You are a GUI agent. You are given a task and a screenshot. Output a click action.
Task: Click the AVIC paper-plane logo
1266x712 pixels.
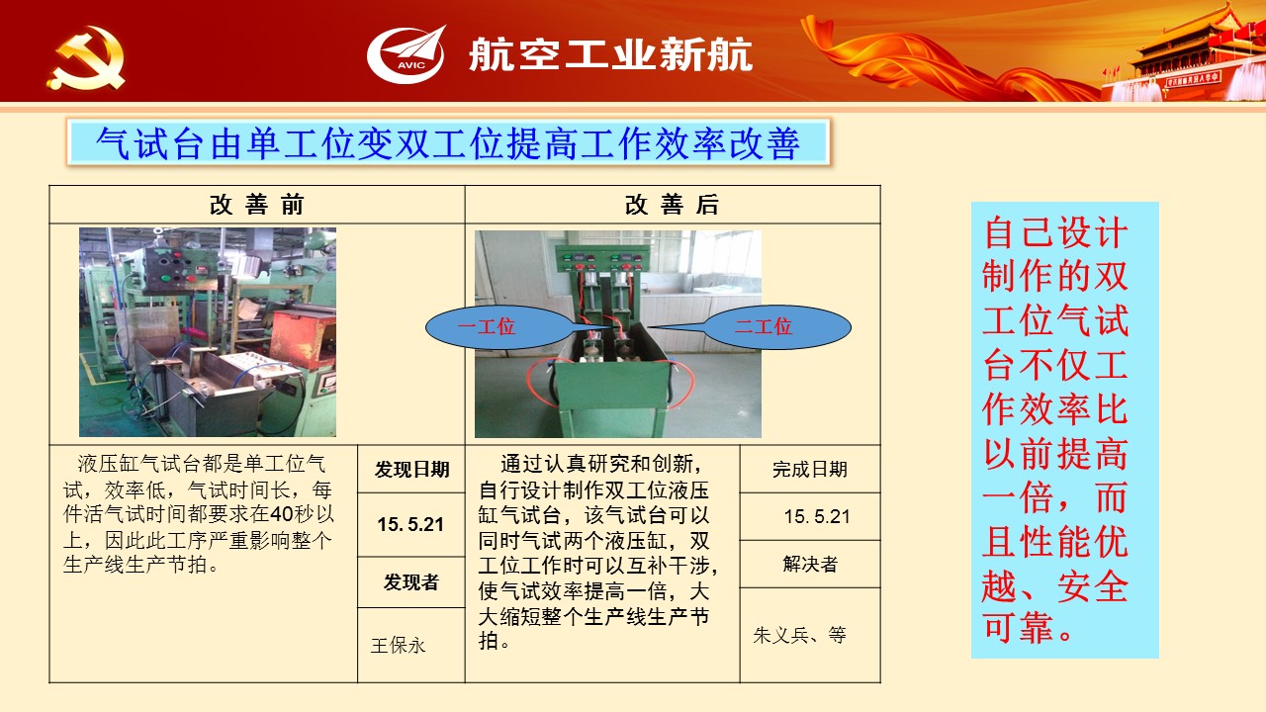click(x=406, y=54)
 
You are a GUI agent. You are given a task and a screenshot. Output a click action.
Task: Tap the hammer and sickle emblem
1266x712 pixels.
click(x=86, y=58)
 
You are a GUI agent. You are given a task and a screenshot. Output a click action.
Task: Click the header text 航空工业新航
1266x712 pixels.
click(x=610, y=54)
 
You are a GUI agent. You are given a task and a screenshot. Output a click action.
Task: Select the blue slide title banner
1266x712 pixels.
click(x=448, y=141)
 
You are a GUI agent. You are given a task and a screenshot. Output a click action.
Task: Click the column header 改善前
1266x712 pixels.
click(x=257, y=205)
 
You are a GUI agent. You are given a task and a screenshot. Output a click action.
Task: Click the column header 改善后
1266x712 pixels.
click(x=672, y=205)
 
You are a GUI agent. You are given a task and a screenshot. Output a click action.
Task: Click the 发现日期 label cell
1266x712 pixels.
click(x=411, y=469)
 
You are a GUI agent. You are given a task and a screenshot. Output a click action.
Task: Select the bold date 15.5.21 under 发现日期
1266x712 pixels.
click(x=410, y=524)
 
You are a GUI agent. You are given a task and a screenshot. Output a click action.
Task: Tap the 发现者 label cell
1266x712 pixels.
click(x=411, y=582)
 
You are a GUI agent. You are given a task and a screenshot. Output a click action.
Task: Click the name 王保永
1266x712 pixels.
click(x=398, y=646)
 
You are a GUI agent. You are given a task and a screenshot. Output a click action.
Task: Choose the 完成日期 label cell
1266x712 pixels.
click(x=810, y=469)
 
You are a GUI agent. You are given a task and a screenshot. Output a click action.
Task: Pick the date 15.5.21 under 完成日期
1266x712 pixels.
click(x=817, y=516)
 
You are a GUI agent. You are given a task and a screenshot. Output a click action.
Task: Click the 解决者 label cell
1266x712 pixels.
click(x=810, y=564)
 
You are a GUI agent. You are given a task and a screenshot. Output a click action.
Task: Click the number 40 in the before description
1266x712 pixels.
click(x=281, y=514)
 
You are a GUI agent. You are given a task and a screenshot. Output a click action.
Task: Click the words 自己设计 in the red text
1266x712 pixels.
click(x=1055, y=232)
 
